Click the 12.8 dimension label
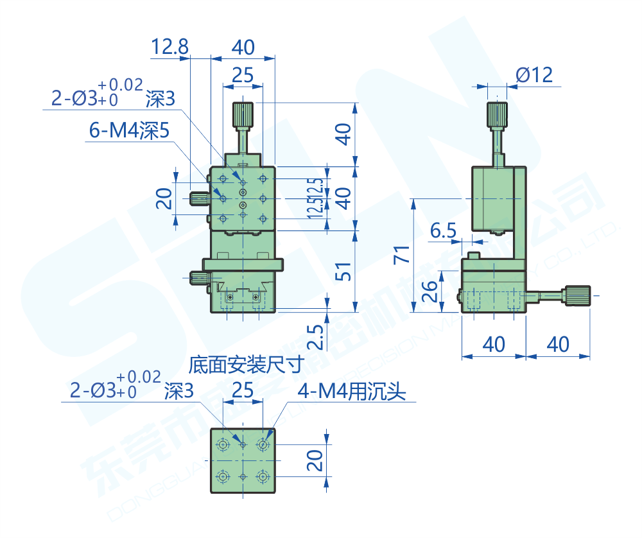pos(170,47)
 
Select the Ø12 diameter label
pos(534,75)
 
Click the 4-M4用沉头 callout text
pos(352,392)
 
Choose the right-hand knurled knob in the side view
pos(577,295)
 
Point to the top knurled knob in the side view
pos(497,115)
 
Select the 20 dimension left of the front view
pos(165,198)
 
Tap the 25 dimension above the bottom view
pos(242,390)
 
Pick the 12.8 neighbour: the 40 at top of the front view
pos(243,47)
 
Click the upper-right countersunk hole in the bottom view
pos(263,444)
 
